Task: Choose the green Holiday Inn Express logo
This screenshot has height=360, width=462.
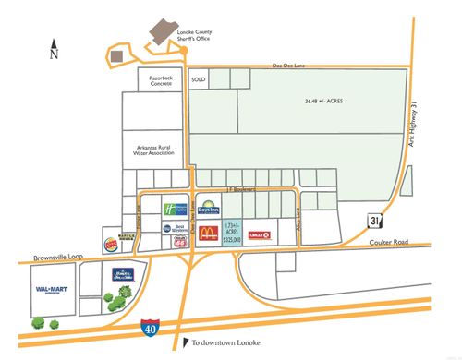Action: coord(175,209)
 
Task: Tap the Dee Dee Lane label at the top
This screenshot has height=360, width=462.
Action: coord(286,66)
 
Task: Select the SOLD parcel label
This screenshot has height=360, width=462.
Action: coord(197,80)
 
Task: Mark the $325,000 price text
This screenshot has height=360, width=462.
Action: coord(231,238)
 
